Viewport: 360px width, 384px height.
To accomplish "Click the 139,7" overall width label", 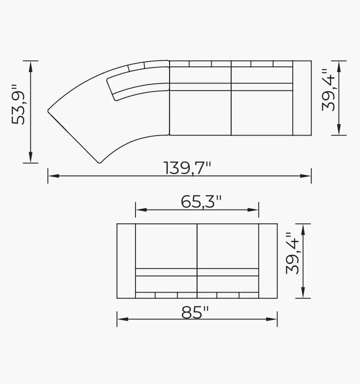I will [187, 168].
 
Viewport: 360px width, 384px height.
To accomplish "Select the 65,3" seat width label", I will [201, 202].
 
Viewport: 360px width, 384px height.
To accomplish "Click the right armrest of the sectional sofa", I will [302, 98].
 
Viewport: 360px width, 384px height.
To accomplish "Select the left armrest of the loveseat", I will [126, 261].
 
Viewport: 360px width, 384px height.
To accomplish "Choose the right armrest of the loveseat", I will [268, 261].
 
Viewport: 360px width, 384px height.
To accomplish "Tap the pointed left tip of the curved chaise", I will [49, 111].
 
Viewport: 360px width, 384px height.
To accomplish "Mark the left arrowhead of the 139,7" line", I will [52, 176].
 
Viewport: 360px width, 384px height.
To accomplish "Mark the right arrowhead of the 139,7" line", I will [307, 176].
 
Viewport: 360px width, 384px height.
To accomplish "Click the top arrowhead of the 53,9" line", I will [31, 65].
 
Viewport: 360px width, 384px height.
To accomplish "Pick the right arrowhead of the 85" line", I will [273, 319].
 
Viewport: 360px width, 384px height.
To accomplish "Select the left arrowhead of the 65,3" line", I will [139, 210].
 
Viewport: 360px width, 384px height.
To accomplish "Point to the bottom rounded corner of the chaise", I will [99, 162].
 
